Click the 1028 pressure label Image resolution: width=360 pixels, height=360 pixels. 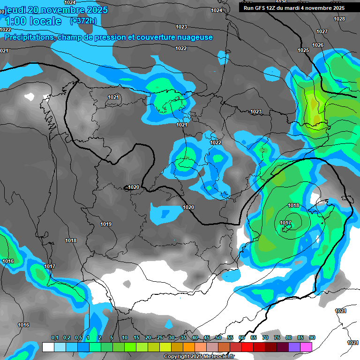coord(339,19)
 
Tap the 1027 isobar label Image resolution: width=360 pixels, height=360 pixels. coord(322,31)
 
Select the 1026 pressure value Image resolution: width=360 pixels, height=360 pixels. coord(318,45)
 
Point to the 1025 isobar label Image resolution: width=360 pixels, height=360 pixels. coord(303,50)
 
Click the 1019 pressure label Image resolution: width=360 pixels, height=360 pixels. coord(106,224)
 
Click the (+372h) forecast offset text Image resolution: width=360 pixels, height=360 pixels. coord(83,21)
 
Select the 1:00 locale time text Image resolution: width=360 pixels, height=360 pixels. coord(32,21)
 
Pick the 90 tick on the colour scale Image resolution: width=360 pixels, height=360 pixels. coord(312,338)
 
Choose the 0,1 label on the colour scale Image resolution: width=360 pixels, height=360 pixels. coord(55,338)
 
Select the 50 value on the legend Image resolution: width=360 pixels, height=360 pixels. coord(218,338)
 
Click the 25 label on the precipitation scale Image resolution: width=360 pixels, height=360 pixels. coord(160,338)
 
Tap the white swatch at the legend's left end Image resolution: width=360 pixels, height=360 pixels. coord(48,347)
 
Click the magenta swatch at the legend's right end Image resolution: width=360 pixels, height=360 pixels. coord(306,347)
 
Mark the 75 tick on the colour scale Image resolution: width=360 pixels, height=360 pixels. coord(277,338)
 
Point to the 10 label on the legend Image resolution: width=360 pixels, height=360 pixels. coord(125,338)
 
